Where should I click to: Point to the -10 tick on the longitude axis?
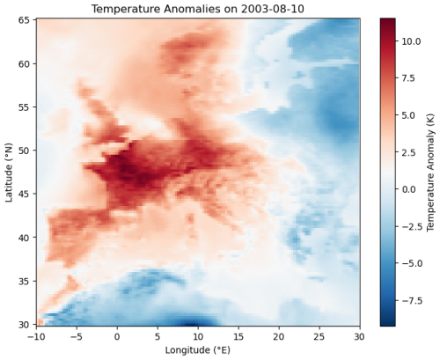[x=36, y=336]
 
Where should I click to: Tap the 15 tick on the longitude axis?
[x=238, y=336]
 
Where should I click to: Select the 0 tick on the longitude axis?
[x=117, y=336]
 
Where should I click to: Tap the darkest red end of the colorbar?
[x=388, y=21]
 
